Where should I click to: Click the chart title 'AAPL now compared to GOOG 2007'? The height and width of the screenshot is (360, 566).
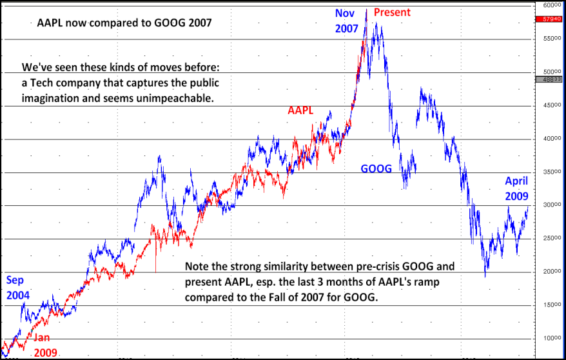point(124,22)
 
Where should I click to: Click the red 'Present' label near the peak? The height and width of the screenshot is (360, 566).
point(392,12)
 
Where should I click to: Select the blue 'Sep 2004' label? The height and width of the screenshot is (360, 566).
point(17,288)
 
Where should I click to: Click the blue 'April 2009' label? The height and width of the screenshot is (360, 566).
point(516,188)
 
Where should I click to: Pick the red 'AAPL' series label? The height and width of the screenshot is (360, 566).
point(300,110)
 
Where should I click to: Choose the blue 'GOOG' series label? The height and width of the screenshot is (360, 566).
point(376,168)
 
